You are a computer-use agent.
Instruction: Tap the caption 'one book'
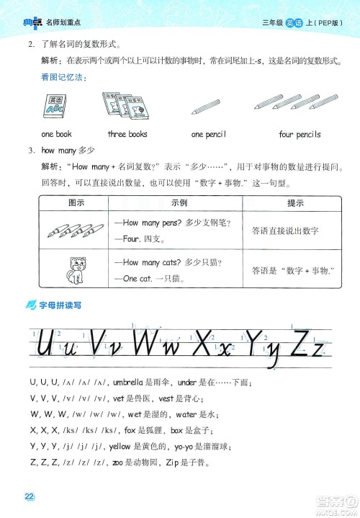pos(56,134)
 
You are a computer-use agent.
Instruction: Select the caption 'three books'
pos(127,134)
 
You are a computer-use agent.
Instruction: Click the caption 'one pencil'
pos(209,134)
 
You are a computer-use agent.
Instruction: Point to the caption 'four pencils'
pos(300,134)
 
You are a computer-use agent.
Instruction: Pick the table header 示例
pos(179,203)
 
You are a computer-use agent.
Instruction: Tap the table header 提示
pos(295,203)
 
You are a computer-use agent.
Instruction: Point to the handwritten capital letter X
pos(204,343)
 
